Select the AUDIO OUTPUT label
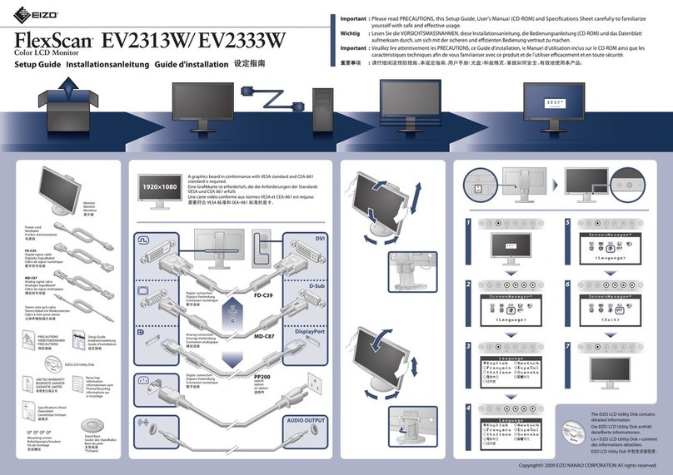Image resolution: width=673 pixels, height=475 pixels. click(x=305, y=420)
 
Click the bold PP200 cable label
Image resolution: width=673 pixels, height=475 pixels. click(x=263, y=376)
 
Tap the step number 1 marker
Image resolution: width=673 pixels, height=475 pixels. click(x=470, y=223)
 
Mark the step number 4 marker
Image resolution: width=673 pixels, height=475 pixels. click(x=470, y=408)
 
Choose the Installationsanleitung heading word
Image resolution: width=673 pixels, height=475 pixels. click(x=107, y=65)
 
